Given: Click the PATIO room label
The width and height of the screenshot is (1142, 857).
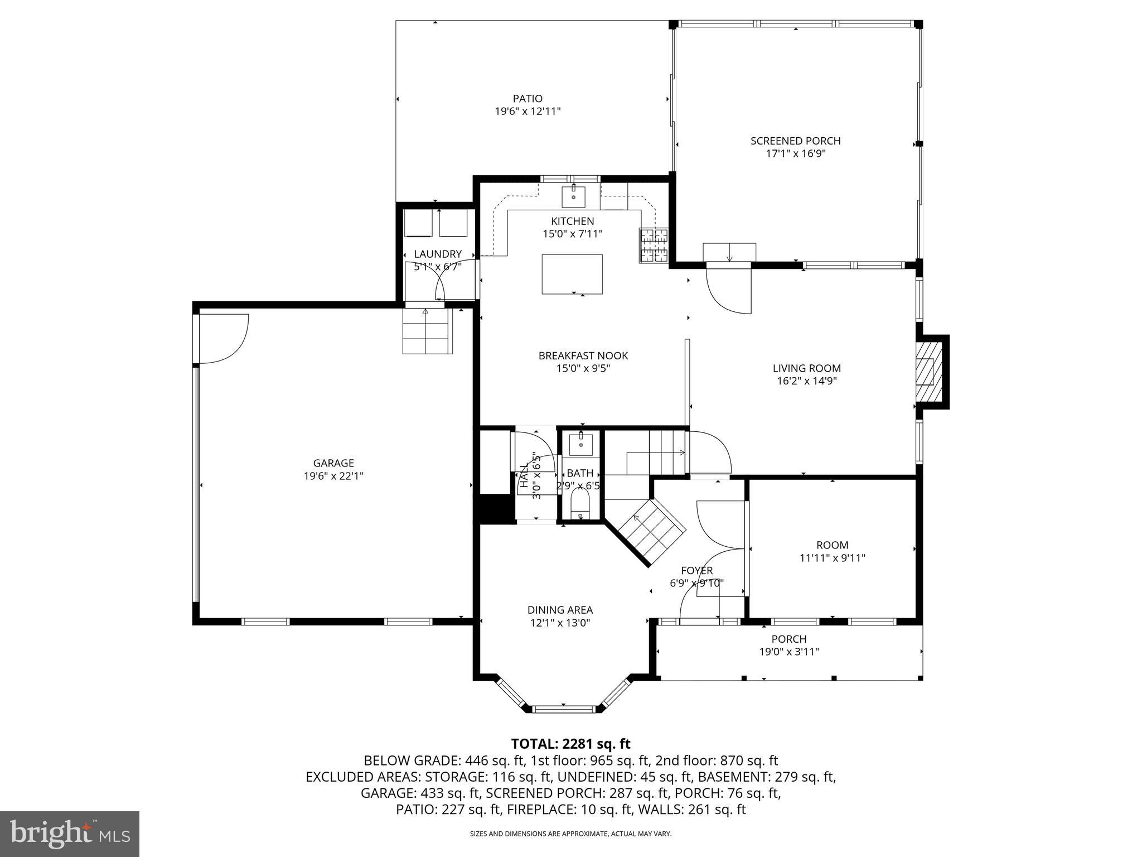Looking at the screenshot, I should click(x=528, y=99).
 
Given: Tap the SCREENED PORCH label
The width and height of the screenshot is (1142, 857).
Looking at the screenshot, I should click(x=795, y=141).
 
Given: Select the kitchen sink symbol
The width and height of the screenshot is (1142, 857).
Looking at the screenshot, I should click(x=573, y=197).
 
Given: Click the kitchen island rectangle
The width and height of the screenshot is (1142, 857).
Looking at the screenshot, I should click(x=572, y=274).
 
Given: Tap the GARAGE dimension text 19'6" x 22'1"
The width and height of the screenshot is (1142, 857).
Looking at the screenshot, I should click(x=333, y=476).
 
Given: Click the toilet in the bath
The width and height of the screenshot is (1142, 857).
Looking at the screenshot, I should click(x=580, y=505).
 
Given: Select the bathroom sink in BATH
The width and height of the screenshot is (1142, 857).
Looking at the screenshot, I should click(x=580, y=444).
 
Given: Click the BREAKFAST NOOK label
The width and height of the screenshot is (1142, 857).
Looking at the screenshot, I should click(x=583, y=355).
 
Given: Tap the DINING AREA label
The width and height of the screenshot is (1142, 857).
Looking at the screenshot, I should click(x=560, y=610).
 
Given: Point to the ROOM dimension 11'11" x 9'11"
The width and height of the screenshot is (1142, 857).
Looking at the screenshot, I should click(x=832, y=557).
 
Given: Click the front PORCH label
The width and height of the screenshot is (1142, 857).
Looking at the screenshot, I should click(x=788, y=639).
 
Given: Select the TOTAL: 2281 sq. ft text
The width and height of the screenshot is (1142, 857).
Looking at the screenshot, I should click(x=570, y=744).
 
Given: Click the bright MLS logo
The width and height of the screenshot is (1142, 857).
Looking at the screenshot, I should click(x=70, y=834).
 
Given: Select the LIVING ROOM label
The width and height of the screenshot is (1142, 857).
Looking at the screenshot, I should click(x=806, y=368).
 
